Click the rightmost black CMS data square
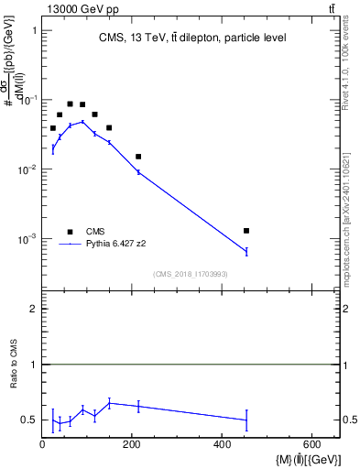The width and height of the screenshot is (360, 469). (x=246, y=231)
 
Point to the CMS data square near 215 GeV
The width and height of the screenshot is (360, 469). (x=138, y=157)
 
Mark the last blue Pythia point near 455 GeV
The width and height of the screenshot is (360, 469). (x=246, y=251)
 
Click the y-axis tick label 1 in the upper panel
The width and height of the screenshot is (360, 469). (x=34, y=30)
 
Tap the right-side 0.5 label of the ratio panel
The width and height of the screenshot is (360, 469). (x=350, y=420)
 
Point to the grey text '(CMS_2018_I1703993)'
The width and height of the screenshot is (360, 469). (x=191, y=274)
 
